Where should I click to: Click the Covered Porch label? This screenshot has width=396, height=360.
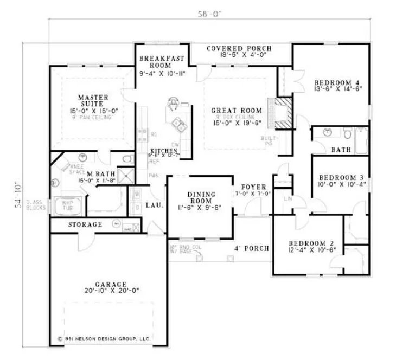[x=239, y=48]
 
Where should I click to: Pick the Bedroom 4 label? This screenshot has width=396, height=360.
[x=337, y=83]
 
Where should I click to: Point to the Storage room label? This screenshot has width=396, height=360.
[x=85, y=224]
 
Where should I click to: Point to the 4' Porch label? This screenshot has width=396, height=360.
[x=251, y=249]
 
